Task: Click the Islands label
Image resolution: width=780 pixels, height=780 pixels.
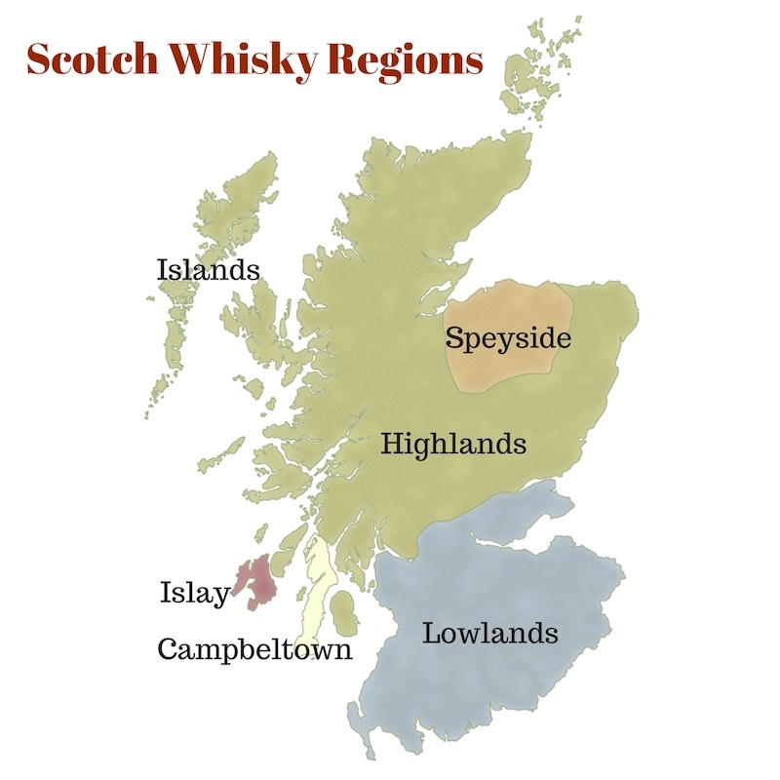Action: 209,269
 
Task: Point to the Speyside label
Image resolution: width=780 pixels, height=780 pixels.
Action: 507,339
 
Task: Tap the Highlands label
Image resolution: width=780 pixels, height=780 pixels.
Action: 453,445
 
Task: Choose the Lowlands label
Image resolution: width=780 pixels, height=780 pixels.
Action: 489,634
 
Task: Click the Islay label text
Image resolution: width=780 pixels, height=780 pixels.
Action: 194,593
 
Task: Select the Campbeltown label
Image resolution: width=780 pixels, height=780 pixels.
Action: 254,649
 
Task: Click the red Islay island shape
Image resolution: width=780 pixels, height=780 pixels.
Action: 257,581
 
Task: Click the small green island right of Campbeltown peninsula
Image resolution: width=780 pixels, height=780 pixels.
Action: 344,613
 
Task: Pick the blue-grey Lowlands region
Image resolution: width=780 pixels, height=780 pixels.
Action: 487,585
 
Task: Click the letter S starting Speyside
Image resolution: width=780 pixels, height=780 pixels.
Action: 454,338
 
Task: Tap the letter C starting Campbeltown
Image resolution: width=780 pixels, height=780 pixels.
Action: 169,649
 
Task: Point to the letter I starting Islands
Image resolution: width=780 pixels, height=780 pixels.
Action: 163,269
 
